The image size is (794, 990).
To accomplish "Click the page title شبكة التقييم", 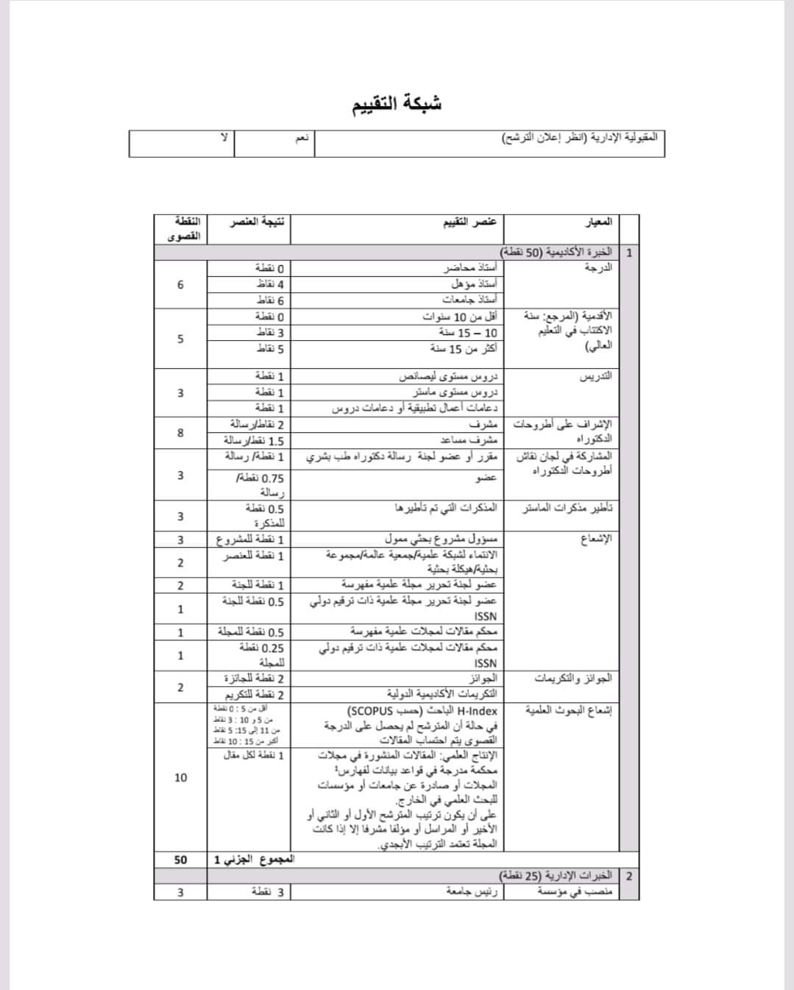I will click(x=397, y=103).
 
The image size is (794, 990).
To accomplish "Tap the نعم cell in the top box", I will click(x=302, y=138).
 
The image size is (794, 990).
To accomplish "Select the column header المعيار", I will click(x=598, y=222).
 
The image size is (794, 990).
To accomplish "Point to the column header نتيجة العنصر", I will click(x=258, y=222).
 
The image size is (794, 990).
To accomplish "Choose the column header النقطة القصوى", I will click(x=183, y=228).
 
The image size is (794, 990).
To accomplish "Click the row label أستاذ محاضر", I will click(x=470, y=269).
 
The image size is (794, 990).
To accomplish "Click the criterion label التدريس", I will click(x=596, y=376).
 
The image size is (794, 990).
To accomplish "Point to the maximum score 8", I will click(x=180, y=432).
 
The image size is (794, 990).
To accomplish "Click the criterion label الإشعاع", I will click(x=596, y=539).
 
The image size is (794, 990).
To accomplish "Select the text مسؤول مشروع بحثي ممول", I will click(x=441, y=540).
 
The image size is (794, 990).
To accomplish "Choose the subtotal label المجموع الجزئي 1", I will click(x=253, y=859).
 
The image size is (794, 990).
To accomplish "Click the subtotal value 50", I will click(x=180, y=859).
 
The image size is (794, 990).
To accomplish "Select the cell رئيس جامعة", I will click(x=472, y=891).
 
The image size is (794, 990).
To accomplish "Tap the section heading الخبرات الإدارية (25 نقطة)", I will click(x=556, y=875).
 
